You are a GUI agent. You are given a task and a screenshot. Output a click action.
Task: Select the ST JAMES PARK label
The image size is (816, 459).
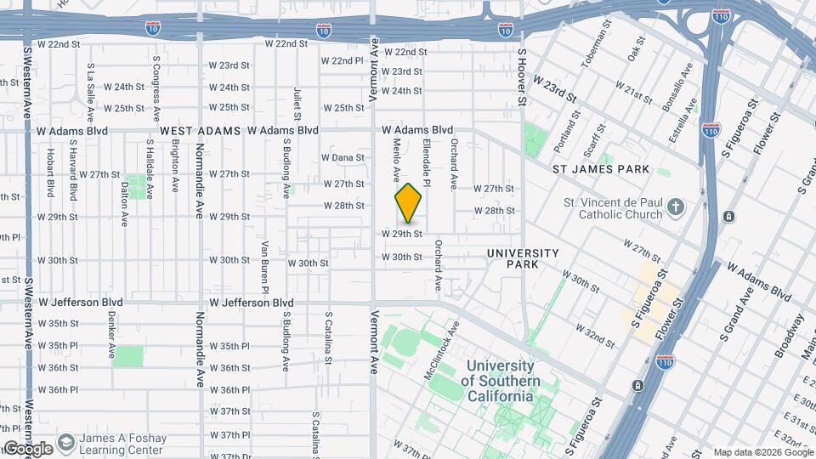click(x=601, y=169)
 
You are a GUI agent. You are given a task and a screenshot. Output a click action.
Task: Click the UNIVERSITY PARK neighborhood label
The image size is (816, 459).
click(x=523, y=258)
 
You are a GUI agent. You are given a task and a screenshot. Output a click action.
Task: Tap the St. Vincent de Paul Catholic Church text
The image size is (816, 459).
click(x=613, y=208)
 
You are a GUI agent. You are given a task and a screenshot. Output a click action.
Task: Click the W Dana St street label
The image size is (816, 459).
click(x=343, y=157)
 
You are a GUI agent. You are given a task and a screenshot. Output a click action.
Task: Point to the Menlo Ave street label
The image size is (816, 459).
click(x=396, y=161)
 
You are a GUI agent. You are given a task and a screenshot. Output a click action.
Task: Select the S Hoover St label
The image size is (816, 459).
click(x=522, y=76)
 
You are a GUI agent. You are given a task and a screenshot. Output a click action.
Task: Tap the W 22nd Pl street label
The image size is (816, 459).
click(x=343, y=60)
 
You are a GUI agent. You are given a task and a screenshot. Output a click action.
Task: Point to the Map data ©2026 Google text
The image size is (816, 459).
click(x=762, y=452)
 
